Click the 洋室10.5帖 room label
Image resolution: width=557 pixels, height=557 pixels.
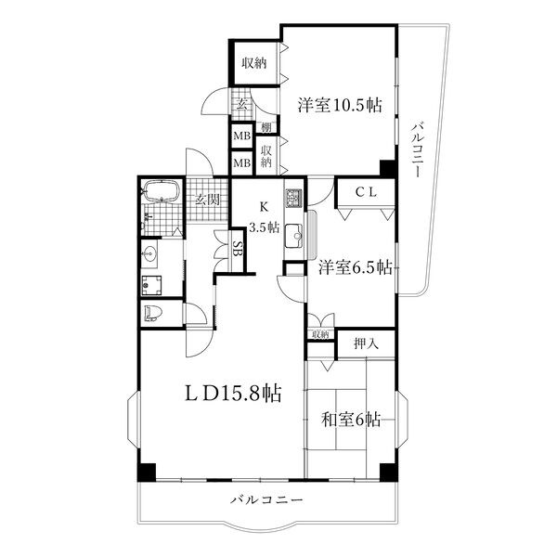[340, 105]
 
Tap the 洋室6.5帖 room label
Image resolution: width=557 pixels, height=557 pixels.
[356, 267]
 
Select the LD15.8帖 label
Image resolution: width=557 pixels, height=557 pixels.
[233, 394]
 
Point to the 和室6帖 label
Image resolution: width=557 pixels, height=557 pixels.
[351, 420]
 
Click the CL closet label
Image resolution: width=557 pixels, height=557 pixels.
[366, 192]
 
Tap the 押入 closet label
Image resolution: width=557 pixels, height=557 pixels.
[367, 343]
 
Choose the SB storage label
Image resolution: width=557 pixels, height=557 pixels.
[238, 249]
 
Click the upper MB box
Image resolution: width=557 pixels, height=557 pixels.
[242, 136]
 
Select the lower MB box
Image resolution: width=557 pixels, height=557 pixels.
[242, 163]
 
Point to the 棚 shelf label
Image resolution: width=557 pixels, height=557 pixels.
[266, 127]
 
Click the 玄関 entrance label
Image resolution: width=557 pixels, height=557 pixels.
[207, 200]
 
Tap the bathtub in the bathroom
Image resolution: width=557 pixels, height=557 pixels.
[162, 191]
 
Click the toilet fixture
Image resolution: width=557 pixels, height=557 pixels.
[153, 313]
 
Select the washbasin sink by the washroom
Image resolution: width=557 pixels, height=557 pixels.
[149, 253]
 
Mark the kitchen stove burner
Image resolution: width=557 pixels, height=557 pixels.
[293, 198]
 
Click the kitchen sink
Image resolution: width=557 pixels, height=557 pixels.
[293, 236]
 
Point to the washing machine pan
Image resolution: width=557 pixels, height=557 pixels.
[151, 285]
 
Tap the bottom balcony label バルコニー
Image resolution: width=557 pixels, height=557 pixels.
[267, 500]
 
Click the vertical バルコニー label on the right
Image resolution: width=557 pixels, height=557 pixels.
[418, 149]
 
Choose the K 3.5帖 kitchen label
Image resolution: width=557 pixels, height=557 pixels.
[264, 216]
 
